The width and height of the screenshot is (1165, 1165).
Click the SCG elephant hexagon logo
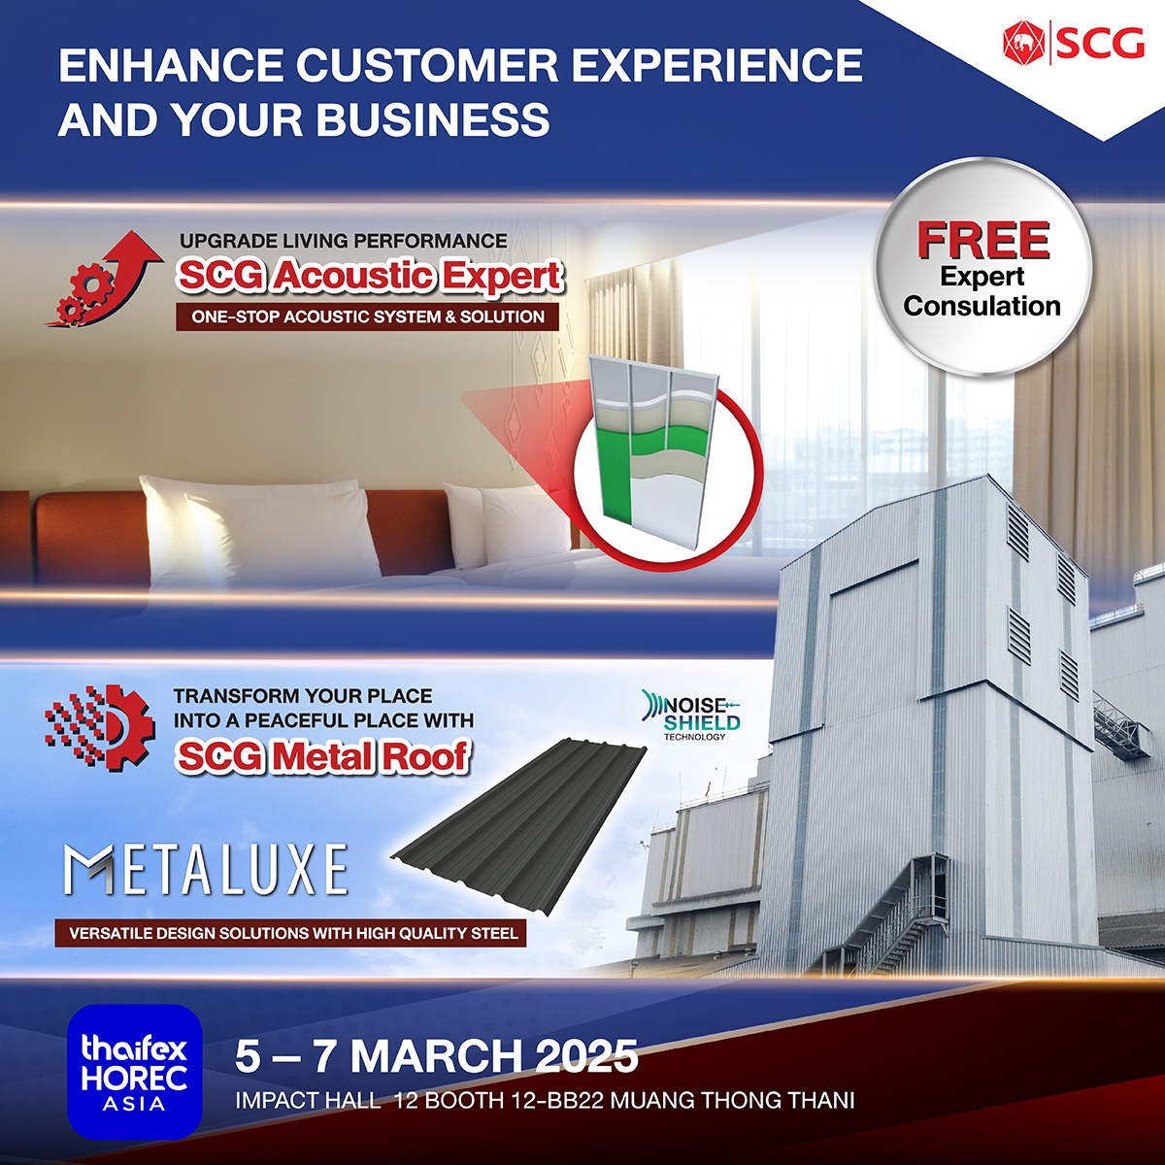[x=1023, y=43]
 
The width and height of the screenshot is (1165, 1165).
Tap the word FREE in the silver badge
[x=983, y=241]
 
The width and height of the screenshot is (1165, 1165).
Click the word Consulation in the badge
[x=982, y=306]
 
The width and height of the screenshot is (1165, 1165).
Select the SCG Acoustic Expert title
[x=369, y=277]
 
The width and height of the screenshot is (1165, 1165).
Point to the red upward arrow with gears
[x=104, y=279]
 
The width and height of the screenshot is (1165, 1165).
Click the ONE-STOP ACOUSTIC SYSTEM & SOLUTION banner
[x=367, y=316]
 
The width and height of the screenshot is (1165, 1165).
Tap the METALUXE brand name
[x=206, y=870]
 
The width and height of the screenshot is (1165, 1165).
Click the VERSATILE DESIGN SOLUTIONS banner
[x=291, y=933]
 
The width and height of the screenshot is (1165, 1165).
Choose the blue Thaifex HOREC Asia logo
[x=135, y=1072]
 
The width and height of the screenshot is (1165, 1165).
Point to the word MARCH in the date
[x=436, y=1056]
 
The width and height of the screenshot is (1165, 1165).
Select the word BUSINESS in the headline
[x=433, y=119]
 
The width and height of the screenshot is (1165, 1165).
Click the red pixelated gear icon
[x=100, y=728]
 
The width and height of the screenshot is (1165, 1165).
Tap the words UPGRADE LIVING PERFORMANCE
[x=344, y=241]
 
